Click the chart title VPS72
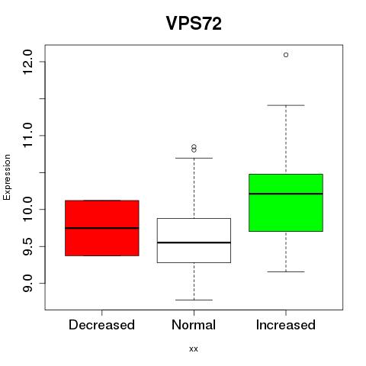pos(194,24)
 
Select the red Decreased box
pos(102,228)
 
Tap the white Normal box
pos(194,240)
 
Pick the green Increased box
pos(286,203)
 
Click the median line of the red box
pos(102,228)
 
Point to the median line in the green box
pos(286,194)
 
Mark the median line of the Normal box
pos(194,242)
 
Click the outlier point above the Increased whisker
pos(286,55)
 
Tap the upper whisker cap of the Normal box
pos(194,158)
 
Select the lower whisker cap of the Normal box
pos(194,300)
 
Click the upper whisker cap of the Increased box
pos(286,105)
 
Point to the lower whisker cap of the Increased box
pos(286,271)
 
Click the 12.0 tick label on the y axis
pos(27,62)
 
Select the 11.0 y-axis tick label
pos(27,135)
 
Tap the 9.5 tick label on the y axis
pos(27,246)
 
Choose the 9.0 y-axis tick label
pos(27,283)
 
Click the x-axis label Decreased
pos(101,325)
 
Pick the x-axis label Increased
pos(286,325)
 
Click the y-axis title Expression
pos(7,177)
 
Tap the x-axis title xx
pos(194,349)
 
